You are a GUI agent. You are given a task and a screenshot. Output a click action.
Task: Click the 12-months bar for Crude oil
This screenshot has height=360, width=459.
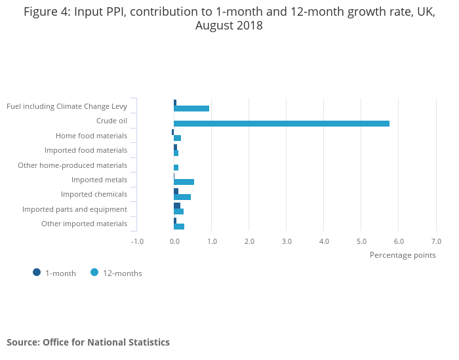[x=281, y=123]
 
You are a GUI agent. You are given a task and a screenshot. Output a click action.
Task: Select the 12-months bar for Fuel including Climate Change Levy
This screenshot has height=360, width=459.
[x=191, y=109]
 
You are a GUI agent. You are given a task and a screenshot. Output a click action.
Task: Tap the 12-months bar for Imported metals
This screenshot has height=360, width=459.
[x=184, y=182]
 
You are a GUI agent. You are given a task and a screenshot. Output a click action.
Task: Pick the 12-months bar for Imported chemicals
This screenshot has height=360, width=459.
[x=182, y=197]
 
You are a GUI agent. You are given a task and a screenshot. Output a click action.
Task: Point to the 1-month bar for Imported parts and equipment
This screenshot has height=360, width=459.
[x=177, y=206]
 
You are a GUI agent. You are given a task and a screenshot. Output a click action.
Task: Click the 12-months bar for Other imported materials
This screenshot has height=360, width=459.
[x=179, y=226]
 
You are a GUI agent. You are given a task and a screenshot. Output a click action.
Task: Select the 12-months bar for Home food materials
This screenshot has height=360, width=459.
[x=177, y=138]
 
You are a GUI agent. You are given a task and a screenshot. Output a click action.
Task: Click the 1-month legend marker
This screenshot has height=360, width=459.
[x=37, y=273]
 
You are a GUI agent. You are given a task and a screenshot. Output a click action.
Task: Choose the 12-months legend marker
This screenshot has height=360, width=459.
[x=94, y=273]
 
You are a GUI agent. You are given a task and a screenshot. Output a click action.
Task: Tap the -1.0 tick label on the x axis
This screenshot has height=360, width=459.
[x=137, y=241]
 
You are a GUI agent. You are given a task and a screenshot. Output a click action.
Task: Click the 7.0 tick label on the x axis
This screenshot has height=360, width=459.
[x=436, y=241]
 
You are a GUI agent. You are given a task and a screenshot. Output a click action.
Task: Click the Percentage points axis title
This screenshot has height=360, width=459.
[x=403, y=255]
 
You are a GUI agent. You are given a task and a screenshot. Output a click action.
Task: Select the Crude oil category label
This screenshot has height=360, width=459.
[x=111, y=121]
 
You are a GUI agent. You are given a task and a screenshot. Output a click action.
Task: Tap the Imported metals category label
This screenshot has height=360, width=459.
[x=99, y=180]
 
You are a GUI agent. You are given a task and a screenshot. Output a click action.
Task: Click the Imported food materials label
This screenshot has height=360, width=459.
[x=86, y=150]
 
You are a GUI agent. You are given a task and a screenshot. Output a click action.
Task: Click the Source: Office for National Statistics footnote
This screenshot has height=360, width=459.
[x=88, y=342]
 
